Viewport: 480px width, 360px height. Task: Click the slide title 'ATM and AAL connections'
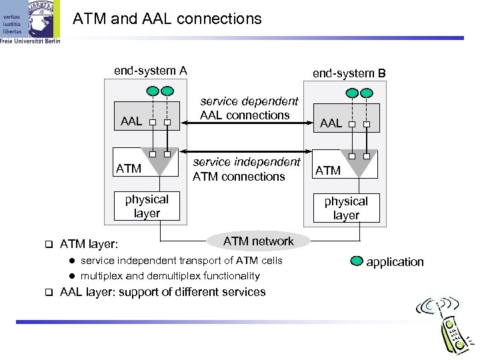167,19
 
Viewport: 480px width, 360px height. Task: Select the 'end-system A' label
151,71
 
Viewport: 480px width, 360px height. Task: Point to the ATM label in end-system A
129,168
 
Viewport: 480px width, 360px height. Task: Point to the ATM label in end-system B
328,171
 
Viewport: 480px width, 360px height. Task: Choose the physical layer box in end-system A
147,206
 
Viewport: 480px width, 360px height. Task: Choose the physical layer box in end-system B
346,208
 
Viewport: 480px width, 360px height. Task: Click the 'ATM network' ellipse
259,241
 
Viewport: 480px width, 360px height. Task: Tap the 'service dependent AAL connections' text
250,108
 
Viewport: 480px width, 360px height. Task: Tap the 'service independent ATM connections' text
247,169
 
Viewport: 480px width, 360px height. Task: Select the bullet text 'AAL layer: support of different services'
163,292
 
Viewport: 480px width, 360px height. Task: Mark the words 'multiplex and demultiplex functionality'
170,276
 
